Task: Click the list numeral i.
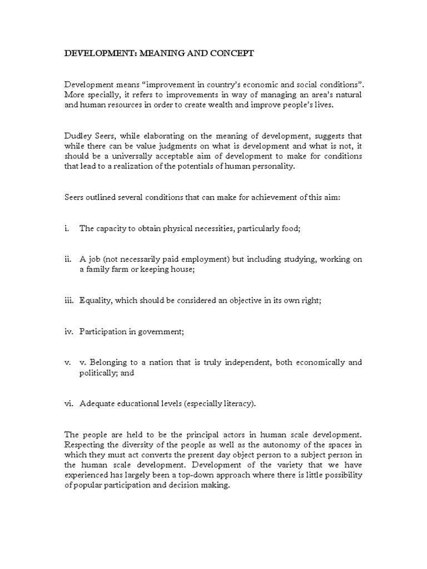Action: click(x=66, y=228)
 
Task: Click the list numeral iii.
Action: click(x=68, y=301)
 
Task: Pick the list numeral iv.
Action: click(x=68, y=332)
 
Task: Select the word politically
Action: click(x=98, y=373)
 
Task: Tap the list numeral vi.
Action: click(x=68, y=404)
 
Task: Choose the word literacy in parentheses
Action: click(x=239, y=404)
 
